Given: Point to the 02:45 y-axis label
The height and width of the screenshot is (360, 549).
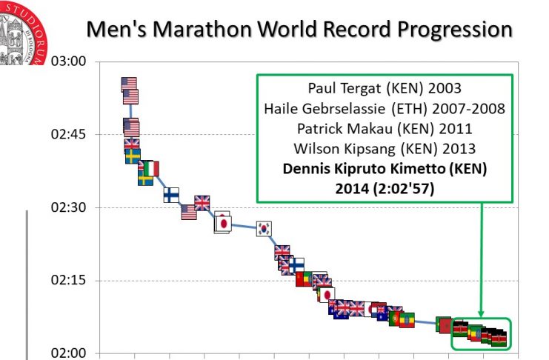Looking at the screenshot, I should click(x=68, y=135).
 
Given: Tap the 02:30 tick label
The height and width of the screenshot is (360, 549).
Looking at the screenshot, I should click(x=68, y=208).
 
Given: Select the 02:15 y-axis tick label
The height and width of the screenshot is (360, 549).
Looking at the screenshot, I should click(x=68, y=281).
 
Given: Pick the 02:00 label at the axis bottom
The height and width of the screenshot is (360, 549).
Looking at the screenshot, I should click(x=68, y=353).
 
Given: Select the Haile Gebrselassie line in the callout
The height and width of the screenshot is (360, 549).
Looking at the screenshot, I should click(x=384, y=109).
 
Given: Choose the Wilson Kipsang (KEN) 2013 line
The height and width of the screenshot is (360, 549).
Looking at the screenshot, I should click(x=384, y=147).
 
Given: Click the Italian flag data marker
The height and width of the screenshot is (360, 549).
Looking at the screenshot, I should click(x=150, y=168).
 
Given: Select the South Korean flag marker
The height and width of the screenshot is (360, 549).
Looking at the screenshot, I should click(x=264, y=229).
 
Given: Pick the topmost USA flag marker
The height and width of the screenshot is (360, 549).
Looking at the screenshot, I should click(x=129, y=84).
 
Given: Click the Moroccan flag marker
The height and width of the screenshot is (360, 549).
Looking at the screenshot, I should click(x=445, y=324).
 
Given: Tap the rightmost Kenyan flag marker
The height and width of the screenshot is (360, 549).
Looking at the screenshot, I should click(x=499, y=339).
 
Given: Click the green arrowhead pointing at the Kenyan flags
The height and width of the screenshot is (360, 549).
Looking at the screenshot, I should click(x=482, y=314).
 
